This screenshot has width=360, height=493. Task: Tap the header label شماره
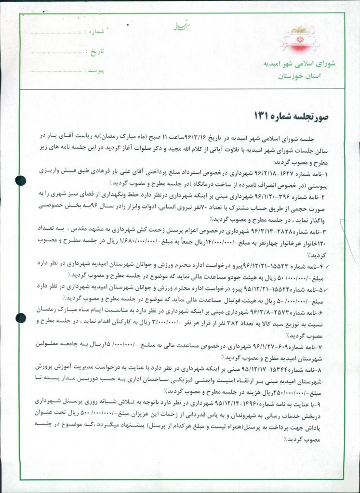[95, 32]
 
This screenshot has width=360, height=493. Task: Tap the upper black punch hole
[21, 181]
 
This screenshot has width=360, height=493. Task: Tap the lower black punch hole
[21, 318]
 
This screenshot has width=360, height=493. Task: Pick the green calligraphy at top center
[172, 27]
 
